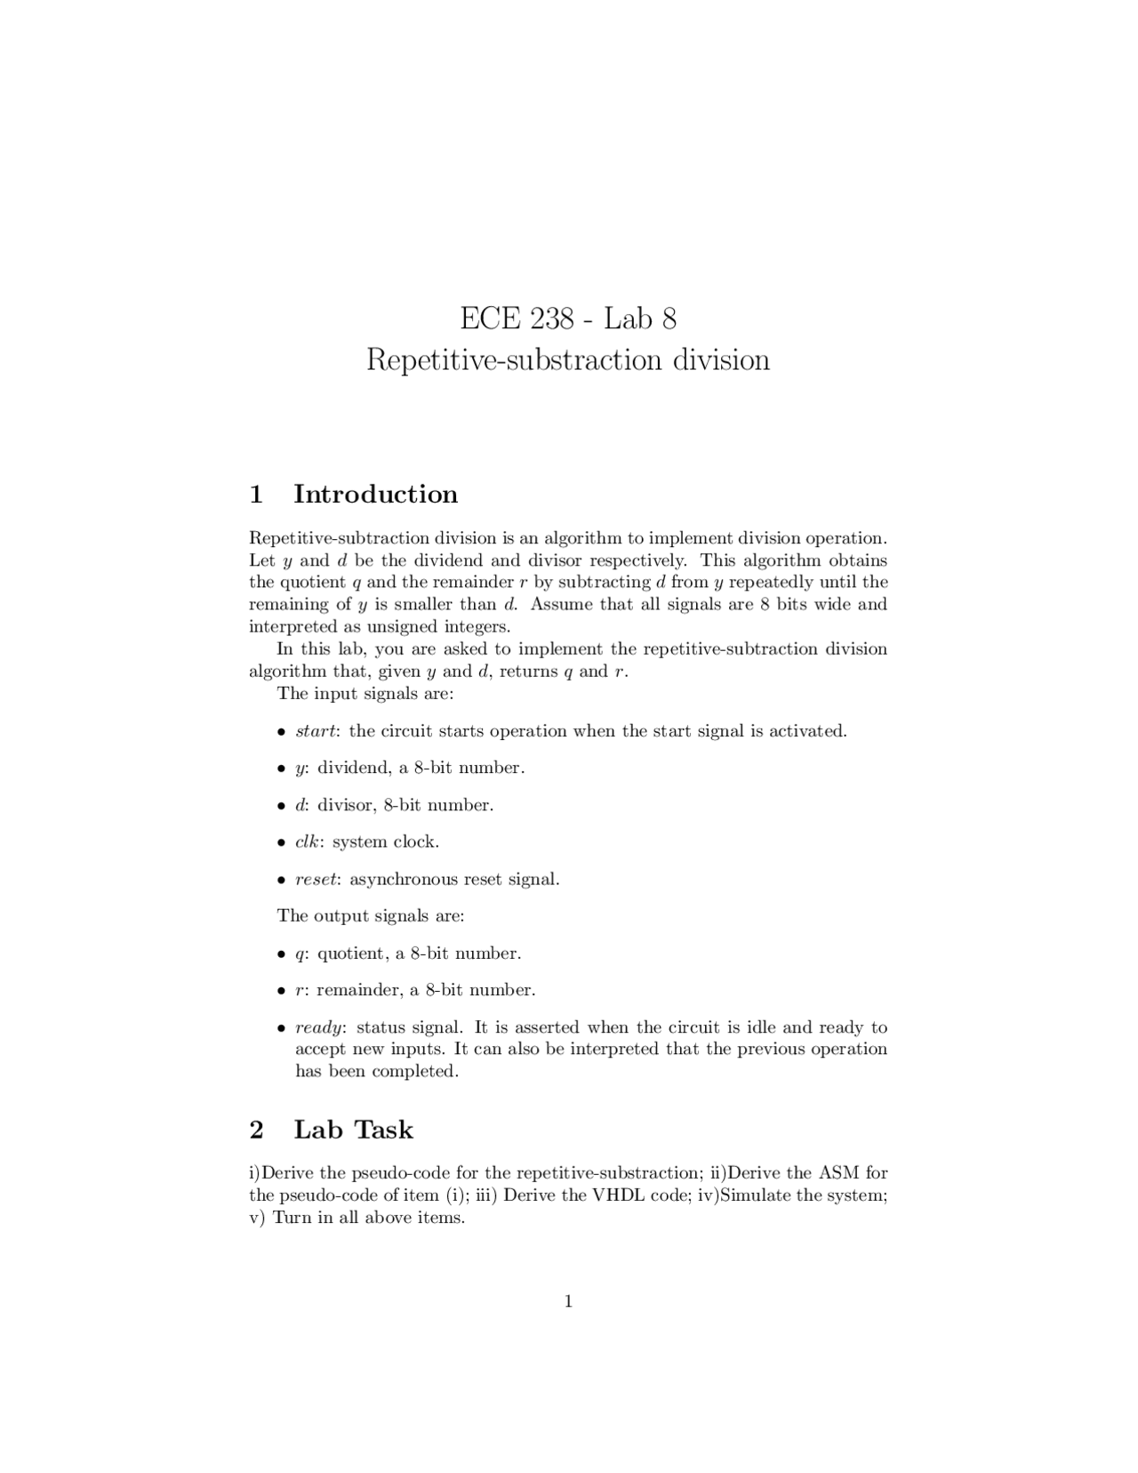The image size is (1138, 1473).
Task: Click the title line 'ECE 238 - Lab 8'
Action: [x=568, y=318]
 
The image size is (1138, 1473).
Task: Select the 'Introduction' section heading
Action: [x=375, y=495]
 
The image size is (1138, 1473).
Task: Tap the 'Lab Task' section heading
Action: [x=353, y=1130]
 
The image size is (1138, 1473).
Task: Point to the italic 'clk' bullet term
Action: [x=309, y=841]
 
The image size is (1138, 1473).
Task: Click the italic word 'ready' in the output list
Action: [x=318, y=1027]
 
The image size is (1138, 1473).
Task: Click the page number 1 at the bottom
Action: [x=568, y=1302]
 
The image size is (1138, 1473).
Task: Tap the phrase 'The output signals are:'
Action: [x=371, y=915]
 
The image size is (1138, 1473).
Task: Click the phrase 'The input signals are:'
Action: [x=365, y=693]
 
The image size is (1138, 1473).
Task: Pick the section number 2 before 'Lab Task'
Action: [x=257, y=1130]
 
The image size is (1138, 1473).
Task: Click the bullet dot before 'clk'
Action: [x=281, y=842]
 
